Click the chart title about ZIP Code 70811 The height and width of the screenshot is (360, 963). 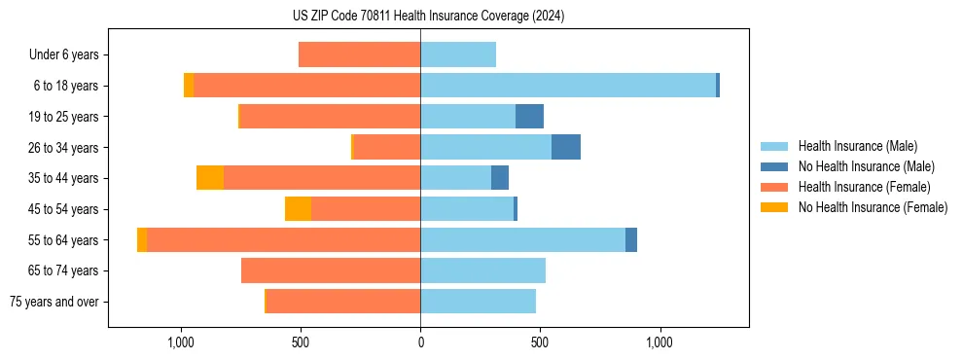pos(428,16)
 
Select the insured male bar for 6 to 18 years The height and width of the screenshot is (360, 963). pos(568,86)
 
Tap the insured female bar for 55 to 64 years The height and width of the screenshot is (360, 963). pos(283,239)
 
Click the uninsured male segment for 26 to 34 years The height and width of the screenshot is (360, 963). pos(566,147)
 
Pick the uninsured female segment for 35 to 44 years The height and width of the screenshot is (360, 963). pos(210,178)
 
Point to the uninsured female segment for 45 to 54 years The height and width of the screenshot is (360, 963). pos(298,209)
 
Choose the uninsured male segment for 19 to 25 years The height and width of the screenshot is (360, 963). pos(529,117)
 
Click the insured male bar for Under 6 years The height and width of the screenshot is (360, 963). pos(458,54)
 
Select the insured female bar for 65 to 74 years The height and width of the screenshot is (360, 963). pos(331,270)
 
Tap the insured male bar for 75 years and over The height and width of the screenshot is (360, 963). pos(478,302)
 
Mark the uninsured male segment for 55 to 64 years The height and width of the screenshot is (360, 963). pos(631,239)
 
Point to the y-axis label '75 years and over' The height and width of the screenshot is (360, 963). pos(53,302)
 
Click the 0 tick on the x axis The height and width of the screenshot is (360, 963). pos(420,342)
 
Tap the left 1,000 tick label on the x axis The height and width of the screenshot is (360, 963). pos(181,342)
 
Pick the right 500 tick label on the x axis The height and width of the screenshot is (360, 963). pos(540,342)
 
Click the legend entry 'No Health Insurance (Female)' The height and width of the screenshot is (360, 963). pos(873,207)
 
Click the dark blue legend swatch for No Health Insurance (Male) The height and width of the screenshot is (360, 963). pos(774,166)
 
